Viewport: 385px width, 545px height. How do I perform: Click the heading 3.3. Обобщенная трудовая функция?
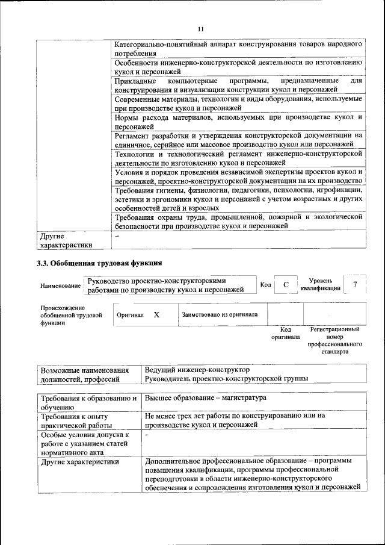pos(99,263)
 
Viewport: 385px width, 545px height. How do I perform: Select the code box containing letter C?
pos(286,284)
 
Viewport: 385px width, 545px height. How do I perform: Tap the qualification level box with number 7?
pos(355,284)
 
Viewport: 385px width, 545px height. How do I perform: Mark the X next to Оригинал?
pos(156,315)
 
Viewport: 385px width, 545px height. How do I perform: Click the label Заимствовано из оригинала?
pos(220,314)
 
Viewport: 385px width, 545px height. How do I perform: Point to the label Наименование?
pos(60,285)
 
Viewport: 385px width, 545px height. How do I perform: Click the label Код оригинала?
pos(285,334)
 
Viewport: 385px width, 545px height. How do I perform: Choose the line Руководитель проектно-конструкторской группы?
pos(227,379)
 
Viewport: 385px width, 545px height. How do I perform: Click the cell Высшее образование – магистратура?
pos(206,398)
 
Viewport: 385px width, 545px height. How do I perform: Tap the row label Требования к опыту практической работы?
pos(76,420)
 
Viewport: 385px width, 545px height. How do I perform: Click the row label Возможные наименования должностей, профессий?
pos(84,374)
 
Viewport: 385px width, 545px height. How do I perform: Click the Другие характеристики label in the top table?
pos(66,241)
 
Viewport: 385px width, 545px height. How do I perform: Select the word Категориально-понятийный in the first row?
pos(160,45)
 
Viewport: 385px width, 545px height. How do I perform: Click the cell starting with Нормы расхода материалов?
pos(238,122)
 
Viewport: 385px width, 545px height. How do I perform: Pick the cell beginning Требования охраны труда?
pos(238,221)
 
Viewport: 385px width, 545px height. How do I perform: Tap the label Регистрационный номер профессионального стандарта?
pos(334,341)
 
